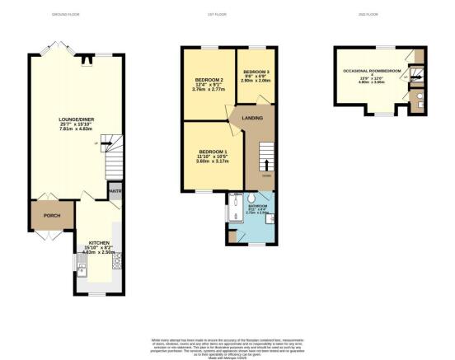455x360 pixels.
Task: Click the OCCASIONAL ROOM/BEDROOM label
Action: pyautogui.click(x=372, y=72)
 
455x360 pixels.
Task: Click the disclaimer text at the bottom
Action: pyautogui.click(x=227, y=347)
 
